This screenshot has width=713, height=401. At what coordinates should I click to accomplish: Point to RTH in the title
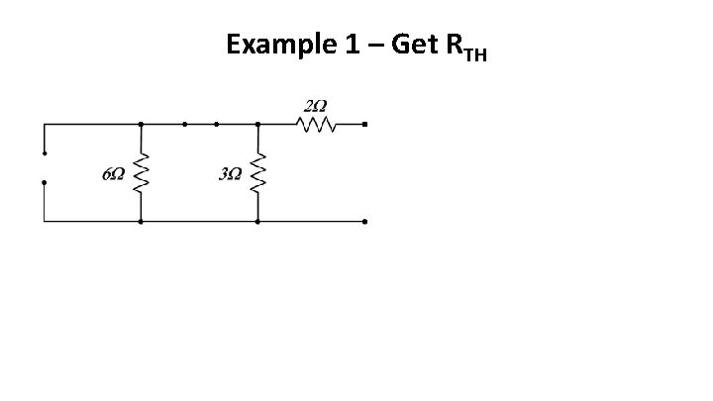pos(467,48)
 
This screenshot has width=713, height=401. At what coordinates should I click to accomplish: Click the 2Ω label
pos(316,106)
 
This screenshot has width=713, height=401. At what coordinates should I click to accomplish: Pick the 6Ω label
pos(113,174)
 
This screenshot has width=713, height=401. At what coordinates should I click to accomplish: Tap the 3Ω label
pos(230,174)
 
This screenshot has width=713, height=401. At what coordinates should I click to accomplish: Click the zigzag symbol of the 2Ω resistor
pos(317,125)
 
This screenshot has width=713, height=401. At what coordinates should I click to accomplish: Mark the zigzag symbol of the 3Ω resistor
pos(258,174)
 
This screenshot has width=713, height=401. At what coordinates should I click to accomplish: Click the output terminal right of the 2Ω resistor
pos(364,125)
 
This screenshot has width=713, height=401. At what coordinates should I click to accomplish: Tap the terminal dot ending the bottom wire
pos(364,222)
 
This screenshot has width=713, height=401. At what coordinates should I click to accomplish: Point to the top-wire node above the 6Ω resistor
pos(141,125)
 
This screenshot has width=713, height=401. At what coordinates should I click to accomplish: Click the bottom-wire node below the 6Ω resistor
pos(141,222)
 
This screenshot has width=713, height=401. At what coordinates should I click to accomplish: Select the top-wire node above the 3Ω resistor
pos(258,125)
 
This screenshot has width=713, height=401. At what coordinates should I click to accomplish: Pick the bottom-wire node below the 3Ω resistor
pos(258,222)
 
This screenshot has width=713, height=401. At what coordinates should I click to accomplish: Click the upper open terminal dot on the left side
pos(44,153)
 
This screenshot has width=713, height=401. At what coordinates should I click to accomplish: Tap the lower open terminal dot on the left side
pos(44,183)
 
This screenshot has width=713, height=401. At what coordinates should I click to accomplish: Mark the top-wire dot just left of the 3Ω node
pos(217,125)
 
